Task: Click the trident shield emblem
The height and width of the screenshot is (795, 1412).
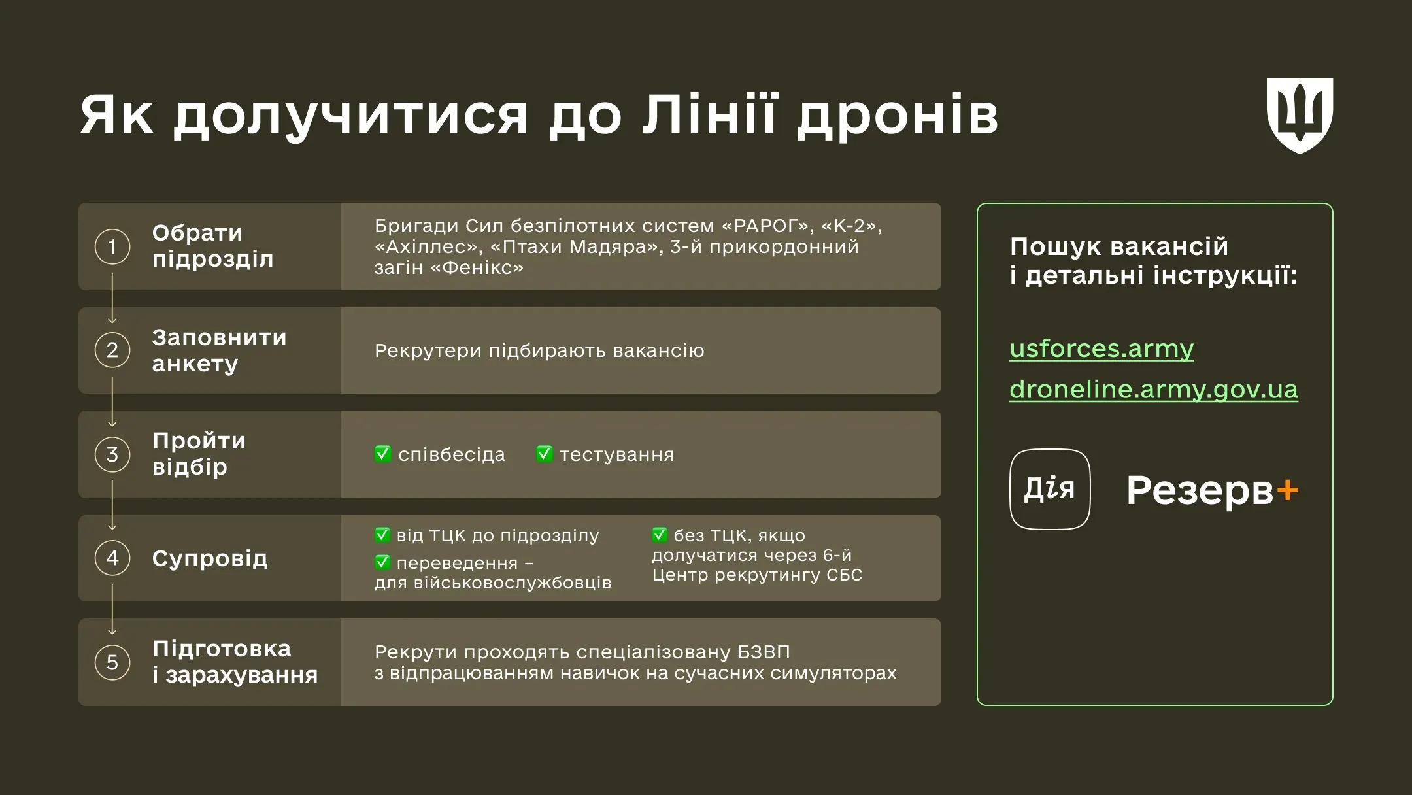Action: [x=1300, y=116]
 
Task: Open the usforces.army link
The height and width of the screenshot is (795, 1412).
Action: [x=1101, y=348]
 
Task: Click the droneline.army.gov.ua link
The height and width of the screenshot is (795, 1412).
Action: [x=1153, y=390]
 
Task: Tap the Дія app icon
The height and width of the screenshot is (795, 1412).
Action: [x=1050, y=489]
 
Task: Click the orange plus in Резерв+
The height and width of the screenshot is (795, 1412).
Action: [x=1287, y=490]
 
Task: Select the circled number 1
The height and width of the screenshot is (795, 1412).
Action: [x=112, y=246]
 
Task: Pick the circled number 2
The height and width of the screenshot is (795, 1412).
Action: [x=112, y=350]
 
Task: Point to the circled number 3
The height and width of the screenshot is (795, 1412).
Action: [x=112, y=454]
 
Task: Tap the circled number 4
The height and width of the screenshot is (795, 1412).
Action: [x=112, y=558]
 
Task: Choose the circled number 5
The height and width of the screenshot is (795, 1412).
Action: [x=112, y=662]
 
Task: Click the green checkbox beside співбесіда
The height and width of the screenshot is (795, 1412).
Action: [x=383, y=454]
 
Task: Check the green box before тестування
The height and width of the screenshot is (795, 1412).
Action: [x=545, y=454]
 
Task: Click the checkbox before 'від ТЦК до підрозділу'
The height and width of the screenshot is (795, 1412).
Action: [x=382, y=535]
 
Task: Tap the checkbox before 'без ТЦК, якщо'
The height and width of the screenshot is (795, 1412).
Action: [x=660, y=535]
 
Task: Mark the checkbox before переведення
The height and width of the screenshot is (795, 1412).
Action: [x=382, y=562]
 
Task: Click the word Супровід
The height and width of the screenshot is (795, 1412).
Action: [x=210, y=559]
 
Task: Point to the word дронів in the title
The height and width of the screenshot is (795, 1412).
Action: [x=898, y=116]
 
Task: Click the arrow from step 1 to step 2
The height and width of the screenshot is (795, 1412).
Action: [x=112, y=299]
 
